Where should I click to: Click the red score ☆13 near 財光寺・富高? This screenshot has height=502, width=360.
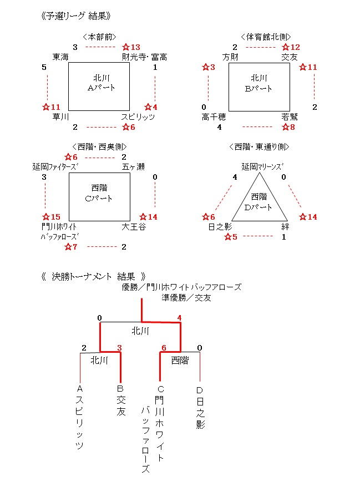tap(131, 47)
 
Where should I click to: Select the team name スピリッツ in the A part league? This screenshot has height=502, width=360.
tap(138, 117)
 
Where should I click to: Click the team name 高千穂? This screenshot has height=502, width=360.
tap(214, 117)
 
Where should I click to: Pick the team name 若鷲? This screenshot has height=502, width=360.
tap(291, 117)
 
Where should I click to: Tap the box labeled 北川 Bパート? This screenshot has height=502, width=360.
tap(258, 84)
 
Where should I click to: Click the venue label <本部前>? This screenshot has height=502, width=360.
tap(99, 37)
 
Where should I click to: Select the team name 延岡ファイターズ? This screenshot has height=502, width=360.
tap(55, 166)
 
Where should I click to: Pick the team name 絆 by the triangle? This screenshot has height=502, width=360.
tap(285, 226)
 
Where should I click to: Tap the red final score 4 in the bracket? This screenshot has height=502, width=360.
tap(179, 318)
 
